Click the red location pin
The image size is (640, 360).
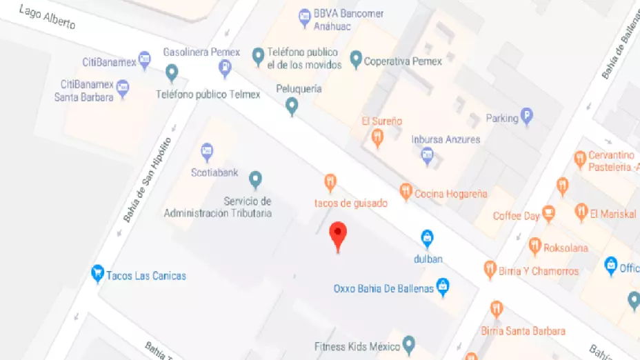(x=337, y=234)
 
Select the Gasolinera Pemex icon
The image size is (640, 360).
(x=224, y=68)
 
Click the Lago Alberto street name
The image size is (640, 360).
(x=47, y=17)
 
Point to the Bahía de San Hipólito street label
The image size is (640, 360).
(x=146, y=179)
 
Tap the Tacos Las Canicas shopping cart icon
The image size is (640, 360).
(x=97, y=274)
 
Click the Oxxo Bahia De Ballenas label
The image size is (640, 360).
(x=383, y=289)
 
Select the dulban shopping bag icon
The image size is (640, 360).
(x=428, y=239)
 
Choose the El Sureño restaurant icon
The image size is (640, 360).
(x=377, y=138)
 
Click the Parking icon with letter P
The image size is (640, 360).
(x=527, y=117)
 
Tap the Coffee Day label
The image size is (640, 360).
(x=516, y=216)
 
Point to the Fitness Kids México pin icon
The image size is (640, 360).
(x=409, y=343)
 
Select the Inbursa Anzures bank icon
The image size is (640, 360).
(x=428, y=157)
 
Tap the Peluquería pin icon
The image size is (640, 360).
(x=292, y=106)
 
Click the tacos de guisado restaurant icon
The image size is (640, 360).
(x=331, y=183)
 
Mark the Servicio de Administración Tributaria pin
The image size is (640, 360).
(x=255, y=179)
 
